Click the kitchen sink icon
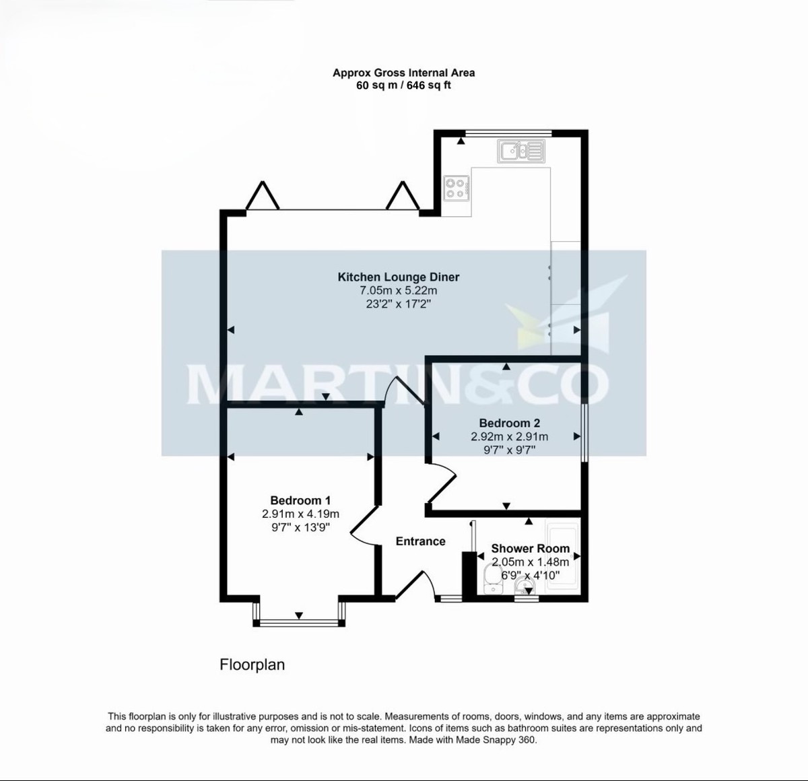(x=520, y=151)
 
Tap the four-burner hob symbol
(x=457, y=188)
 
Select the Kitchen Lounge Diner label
(x=398, y=277)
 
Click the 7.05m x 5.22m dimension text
(x=398, y=290)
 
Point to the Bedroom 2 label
(x=509, y=423)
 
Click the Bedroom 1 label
(x=300, y=500)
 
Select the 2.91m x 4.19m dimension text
(x=300, y=514)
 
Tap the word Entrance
(x=420, y=541)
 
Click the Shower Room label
(x=530, y=549)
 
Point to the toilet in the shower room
(x=492, y=576)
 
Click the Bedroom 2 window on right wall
(x=584, y=432)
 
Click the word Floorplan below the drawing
(x=252, y=665)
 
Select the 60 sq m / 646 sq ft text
(x=403, y=86)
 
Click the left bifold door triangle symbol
(x=262, y=196)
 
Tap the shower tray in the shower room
(x=563, y=556)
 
